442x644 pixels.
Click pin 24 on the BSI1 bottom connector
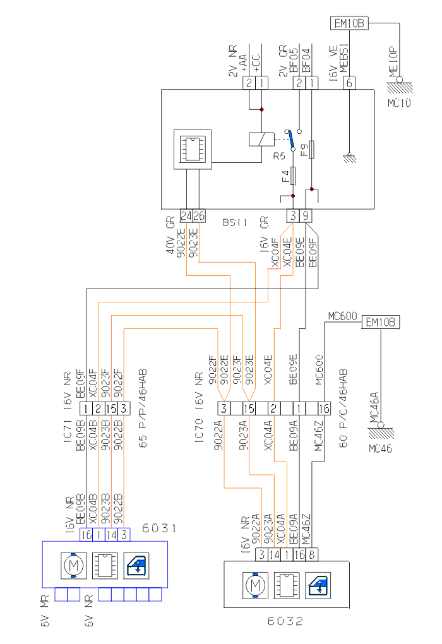186,215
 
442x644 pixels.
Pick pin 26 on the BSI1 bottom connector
199,215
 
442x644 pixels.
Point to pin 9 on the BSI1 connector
306,215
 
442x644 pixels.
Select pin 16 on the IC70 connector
325,408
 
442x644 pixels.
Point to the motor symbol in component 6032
256,585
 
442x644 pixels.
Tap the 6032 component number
285,621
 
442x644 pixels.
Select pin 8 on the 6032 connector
314,555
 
